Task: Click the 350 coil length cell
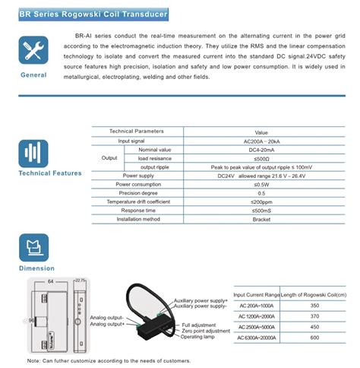tap(314, 305)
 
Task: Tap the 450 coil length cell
tap(314, 328)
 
